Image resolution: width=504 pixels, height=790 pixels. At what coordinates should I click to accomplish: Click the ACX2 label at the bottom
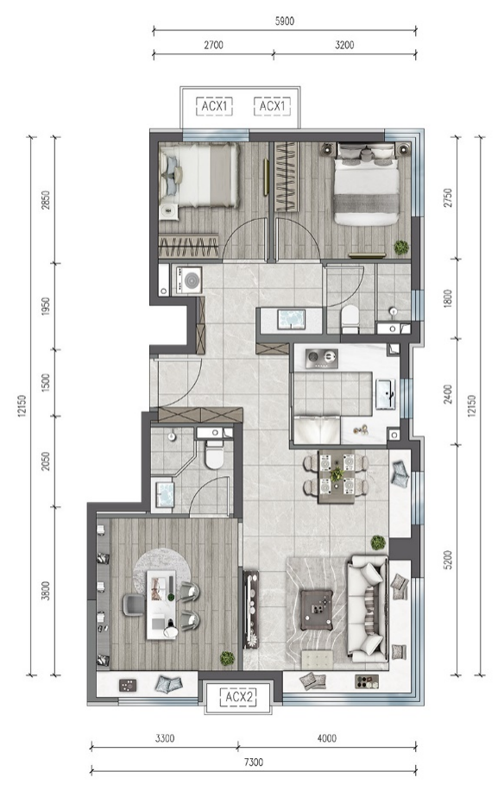coord(239,697)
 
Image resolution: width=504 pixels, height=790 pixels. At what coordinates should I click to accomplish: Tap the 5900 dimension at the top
coord(285,22)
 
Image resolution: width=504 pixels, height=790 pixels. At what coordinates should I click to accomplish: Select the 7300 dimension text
coord(254,762)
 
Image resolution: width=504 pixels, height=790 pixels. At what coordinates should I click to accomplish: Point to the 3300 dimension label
coord(165,738)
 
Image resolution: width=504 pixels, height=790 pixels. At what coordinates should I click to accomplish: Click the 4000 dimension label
coord(327,738)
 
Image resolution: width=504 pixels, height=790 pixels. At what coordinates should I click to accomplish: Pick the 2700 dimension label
coord(213,45)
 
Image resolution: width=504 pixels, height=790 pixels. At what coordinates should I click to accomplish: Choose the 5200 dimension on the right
coord(448,559)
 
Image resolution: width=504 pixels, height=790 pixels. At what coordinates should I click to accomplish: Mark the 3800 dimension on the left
coord(46,591)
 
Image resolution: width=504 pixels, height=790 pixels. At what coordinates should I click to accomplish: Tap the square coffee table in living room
coord(317,610)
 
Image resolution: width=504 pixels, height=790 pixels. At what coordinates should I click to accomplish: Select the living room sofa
coord(368,609)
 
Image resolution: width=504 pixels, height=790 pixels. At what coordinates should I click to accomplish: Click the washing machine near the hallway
coord(187,280)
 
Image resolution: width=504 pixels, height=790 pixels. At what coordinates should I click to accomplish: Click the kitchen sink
coord(386,394)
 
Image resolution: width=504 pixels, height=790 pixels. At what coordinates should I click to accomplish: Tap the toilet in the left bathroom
coord(215,455)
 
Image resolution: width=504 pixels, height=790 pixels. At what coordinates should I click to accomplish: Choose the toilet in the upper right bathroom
coord(350,319)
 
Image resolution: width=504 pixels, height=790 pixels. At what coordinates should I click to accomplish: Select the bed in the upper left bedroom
coord(199,175)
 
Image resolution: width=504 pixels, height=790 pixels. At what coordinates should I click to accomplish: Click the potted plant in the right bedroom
coord(401,248)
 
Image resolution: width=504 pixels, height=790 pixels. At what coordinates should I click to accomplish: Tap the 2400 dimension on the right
coord(448,393)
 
